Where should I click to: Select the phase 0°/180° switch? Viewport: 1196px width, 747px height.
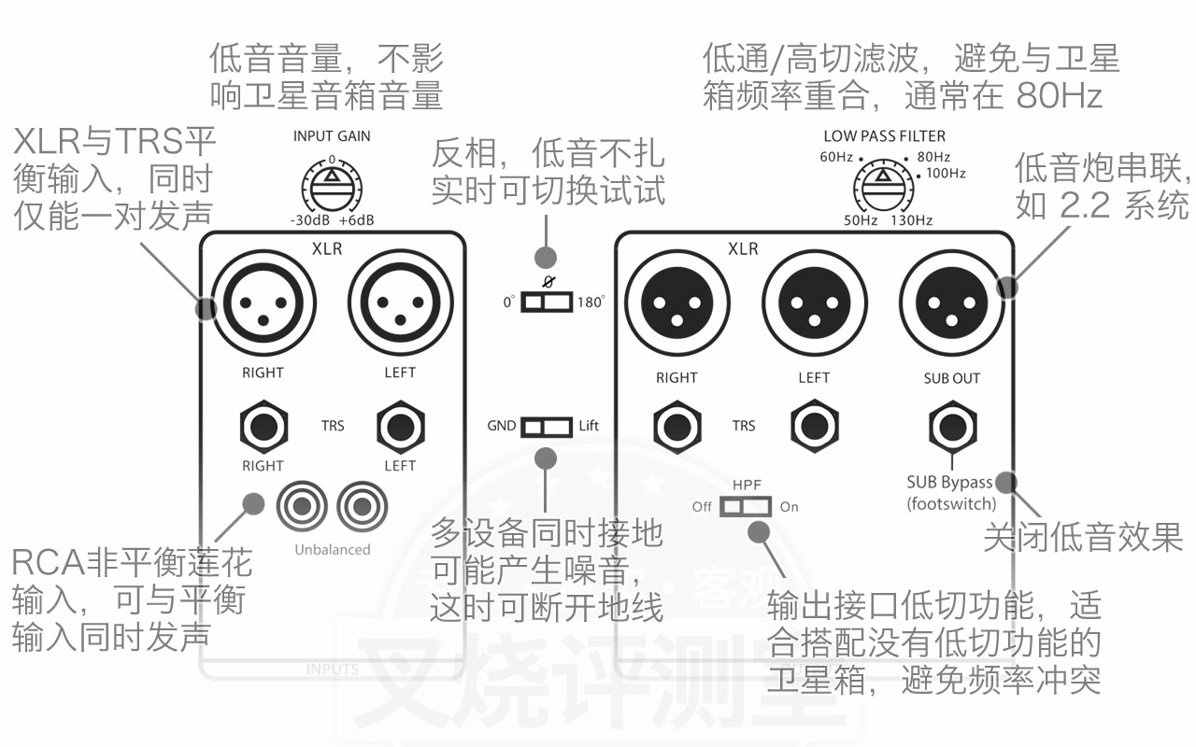click(x=546, y=302)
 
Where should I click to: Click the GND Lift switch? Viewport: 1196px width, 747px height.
click(x=546, y=426)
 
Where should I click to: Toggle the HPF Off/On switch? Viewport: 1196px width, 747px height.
click(x=746, y=506)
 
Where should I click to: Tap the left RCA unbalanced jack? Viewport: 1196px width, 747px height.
click(x=301, y=507)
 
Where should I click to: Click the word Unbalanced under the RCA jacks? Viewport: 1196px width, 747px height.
click(x=333, y=549)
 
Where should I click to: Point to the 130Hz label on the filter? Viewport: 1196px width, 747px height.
click(x=912, y=220)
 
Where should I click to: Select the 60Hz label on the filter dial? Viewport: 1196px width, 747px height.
click(x=836, y=156)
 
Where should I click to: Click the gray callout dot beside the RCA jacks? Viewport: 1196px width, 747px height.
click(x=252, y=502)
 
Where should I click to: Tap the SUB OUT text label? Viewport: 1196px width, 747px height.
click(x=951, y=378)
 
